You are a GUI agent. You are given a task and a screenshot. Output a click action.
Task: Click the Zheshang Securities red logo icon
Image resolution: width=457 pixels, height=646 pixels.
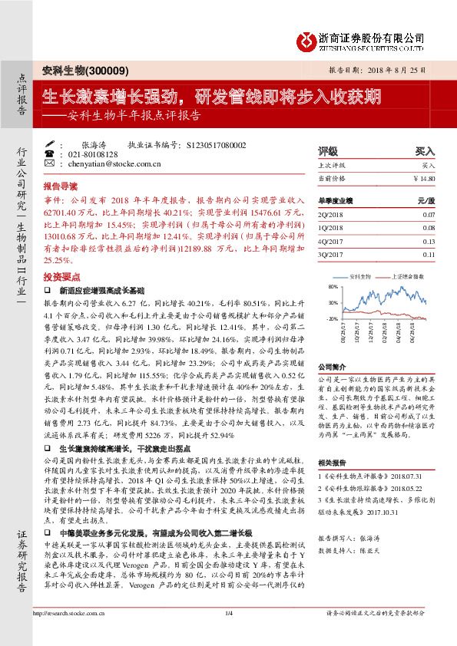coord(308,38)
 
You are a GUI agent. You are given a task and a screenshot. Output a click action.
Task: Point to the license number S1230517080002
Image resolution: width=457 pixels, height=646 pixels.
coord(217,144)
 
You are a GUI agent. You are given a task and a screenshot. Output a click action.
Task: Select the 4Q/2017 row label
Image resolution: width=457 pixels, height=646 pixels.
coord(331,241)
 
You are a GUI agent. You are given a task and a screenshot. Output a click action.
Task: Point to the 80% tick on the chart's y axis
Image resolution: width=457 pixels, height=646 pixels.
coord(333,286)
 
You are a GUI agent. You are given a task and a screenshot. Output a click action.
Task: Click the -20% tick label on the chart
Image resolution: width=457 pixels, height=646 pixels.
coord(332,318)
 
